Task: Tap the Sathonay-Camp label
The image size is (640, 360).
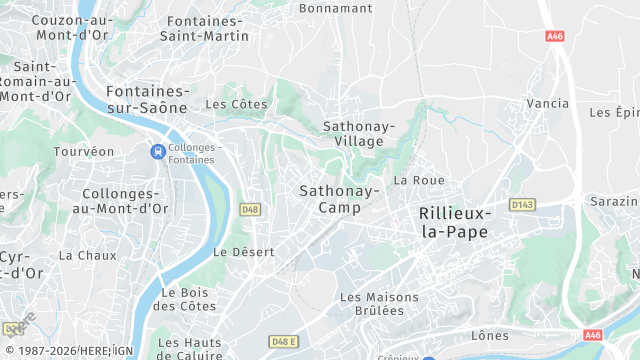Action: coord(337,199)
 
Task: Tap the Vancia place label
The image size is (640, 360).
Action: coord(546,103)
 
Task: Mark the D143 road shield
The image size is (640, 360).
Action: coord(521,204)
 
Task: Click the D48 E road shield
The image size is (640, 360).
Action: coord(284,342)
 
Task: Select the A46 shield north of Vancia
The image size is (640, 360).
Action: coord(555,36)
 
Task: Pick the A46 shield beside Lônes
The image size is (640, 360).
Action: coord(593,335)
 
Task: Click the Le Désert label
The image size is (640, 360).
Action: coord(243,252)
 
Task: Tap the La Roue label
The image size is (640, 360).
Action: coord(418,180)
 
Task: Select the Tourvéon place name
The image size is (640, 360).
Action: coord(84,152)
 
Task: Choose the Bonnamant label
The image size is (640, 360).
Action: coord(334,7)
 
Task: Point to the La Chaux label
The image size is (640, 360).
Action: coord(88,255)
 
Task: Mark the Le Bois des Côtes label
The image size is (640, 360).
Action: coord(187,300)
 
